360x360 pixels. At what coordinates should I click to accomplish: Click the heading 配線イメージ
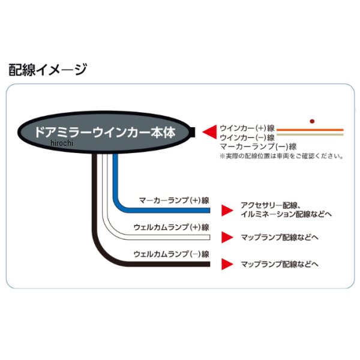pyautogui.click(x=48, y=70)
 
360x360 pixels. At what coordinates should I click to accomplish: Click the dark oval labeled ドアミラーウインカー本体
pyautogui.click(x=106, y=132)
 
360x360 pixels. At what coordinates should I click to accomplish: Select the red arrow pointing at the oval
pyautogui.click(x=209, y=131)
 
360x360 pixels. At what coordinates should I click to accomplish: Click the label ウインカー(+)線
pyautogui.click(x=247, y=128)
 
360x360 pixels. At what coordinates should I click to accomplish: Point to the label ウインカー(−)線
pyautogui.click(x=247, y=137)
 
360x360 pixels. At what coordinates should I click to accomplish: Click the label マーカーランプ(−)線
pyautogui.click(x=258, y=146)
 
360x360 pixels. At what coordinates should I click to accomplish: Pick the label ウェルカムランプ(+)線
pyautogui.click(x=170, y=227)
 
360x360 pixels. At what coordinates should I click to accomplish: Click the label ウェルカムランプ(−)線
pyautogui.click(x=170, y=254)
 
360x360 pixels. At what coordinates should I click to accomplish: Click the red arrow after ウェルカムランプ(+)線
pyautogui.click(x=226, y=237)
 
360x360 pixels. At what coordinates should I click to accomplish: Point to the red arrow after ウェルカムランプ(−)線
pyautogui.click(x=226, y=263)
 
